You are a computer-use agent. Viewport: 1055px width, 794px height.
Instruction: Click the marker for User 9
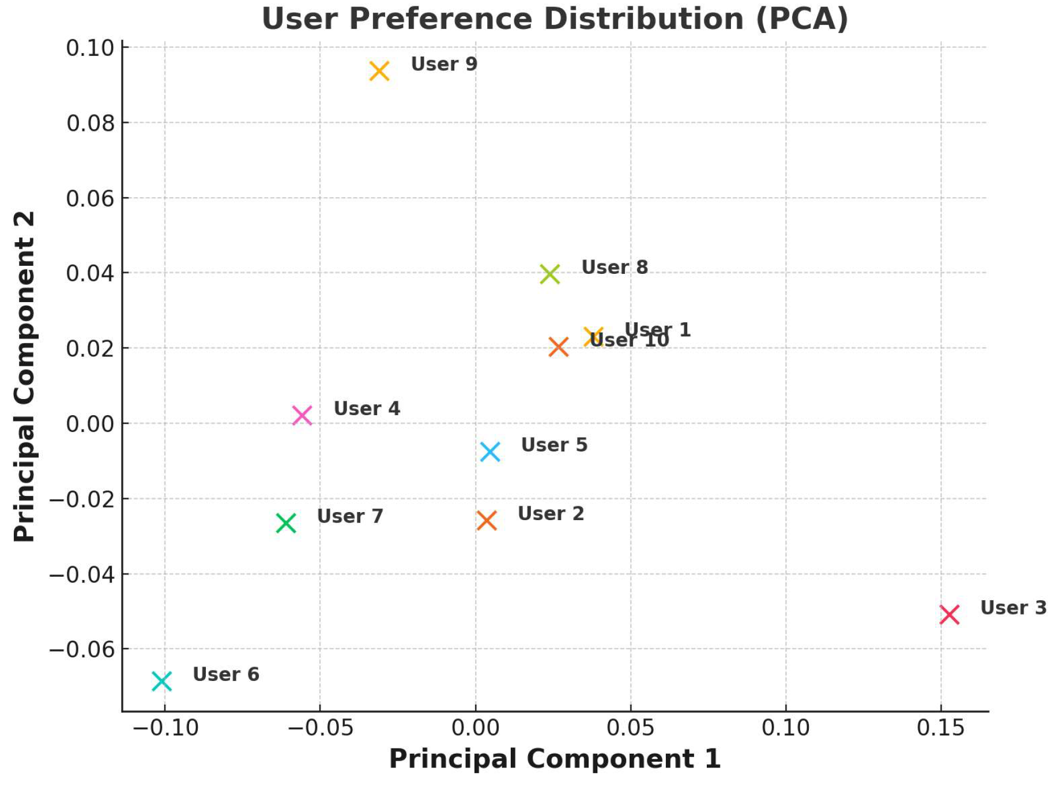pos(379,72)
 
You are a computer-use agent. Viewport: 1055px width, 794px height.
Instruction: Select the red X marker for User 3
pos(949,615)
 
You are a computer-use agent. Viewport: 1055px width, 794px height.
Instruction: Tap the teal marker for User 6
pos(162,681)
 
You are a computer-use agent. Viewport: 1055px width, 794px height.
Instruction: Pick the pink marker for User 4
pos(302,415)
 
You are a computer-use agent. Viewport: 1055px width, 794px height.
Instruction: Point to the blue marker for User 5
pos(490,451)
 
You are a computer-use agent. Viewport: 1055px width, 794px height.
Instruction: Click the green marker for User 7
pos(286,523)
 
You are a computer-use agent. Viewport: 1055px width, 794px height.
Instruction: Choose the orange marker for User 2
pos(487,521)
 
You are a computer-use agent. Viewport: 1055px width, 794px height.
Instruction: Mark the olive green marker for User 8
pos(550,274)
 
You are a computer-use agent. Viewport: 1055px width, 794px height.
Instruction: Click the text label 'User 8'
pos(615,268)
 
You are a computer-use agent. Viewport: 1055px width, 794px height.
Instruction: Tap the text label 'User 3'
pos(1013,608)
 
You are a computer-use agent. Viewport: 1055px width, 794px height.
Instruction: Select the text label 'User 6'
pos(225,674)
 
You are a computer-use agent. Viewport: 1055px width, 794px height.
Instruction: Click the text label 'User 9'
pos(444,64)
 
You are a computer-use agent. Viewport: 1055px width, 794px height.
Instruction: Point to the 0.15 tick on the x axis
pos(940,728)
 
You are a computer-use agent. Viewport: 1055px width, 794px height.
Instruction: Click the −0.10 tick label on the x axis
pos(165,728)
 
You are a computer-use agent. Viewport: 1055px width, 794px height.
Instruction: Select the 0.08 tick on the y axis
pos(91,123)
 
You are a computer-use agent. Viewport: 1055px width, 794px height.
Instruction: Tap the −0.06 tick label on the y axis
pos(82,650)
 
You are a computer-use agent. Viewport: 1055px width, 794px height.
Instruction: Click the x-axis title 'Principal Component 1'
pos(555,759)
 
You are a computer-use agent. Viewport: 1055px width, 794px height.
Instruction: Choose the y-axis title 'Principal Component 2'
pos(24,377)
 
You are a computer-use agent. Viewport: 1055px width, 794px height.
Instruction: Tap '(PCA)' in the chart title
pos(802,19)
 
